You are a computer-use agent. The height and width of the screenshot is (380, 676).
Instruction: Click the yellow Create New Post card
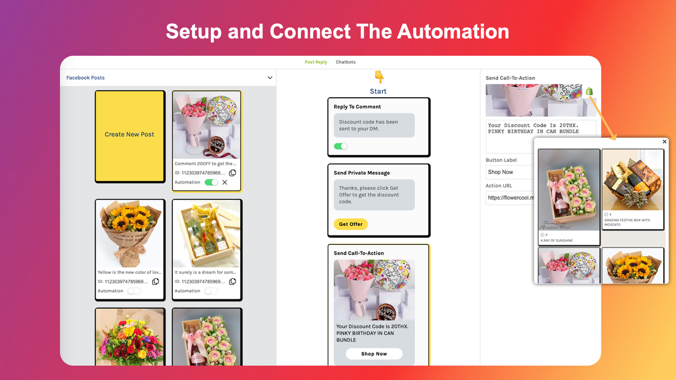[129, 136]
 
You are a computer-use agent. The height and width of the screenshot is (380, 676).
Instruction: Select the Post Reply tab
[316, 62]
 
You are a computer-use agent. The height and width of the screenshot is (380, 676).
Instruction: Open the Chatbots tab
[345, 62]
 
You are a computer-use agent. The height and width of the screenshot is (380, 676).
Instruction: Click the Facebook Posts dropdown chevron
[270, 78]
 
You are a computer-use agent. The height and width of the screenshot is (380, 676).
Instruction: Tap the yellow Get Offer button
[351, 224]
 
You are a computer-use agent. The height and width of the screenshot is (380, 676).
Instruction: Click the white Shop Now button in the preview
[374, 354]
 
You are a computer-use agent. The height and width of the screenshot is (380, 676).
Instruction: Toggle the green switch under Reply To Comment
[341, 146]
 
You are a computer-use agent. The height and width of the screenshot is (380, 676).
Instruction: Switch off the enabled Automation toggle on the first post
[211, 183]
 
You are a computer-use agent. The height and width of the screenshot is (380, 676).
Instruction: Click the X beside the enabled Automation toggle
[225, 183]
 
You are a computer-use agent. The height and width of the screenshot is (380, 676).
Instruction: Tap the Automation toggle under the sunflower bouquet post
[134, 291]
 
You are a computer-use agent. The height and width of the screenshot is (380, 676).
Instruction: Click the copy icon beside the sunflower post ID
[156, 282]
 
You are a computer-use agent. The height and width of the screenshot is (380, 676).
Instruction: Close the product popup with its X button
[664, 141]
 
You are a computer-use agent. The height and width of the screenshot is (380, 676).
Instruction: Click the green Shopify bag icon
[589, 92]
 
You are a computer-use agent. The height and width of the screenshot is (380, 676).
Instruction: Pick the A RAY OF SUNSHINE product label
[557, 241]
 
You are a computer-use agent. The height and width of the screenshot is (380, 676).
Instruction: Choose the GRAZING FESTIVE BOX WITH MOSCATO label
[627, 222]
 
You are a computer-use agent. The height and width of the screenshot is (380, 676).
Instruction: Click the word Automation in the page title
[453, 32]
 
